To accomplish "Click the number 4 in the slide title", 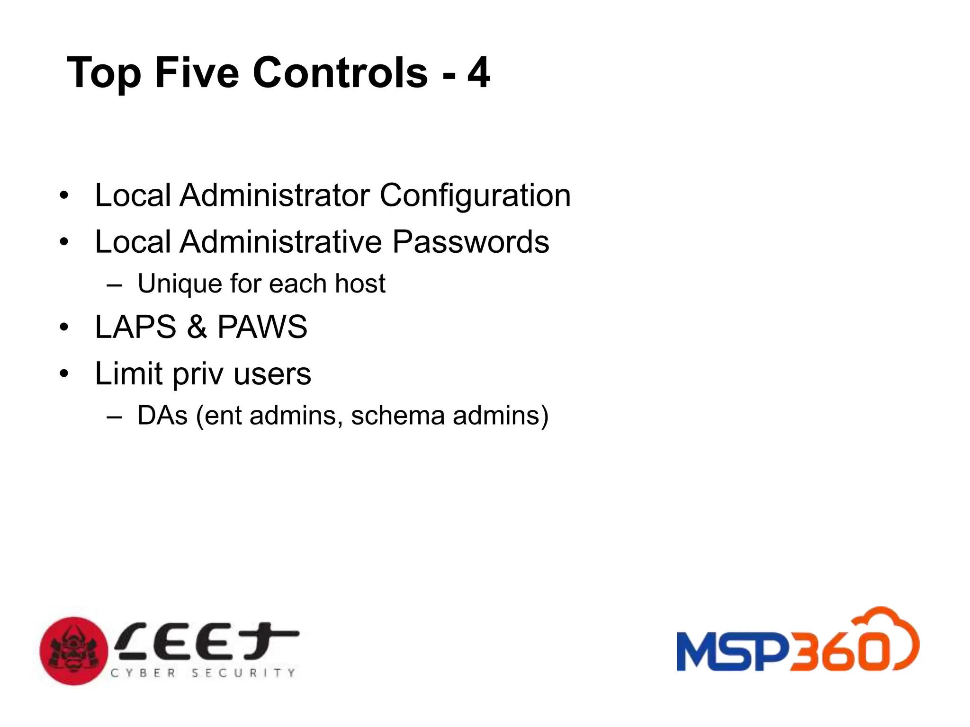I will pyautogui.click(x=478, y=73).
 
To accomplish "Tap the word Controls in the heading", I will pyautogui.click(x=340, y=73).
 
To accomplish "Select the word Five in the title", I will pyautogui.click(x=197, y=73).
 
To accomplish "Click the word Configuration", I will pyautogui.click(x=475, y=196).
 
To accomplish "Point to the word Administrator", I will pyautogui.click(x=275, y=195).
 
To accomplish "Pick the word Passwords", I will pyautogui.click(x=471, y=242).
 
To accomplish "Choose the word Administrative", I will pyautogui.click(x=281, y=242).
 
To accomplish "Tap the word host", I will pyautogui.click(x=360, y=284).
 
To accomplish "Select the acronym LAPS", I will pyautogui.click(x=135, y=327).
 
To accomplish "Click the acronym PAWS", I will pyautogui.click(x=262, y=327).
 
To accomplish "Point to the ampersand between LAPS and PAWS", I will pyautogui.click(x=197, y=327).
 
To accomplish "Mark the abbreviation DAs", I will pyautogui.click(x=162, y=416).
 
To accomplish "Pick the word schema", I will pyautogui.click(x=397, y=416).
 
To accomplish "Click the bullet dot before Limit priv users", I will pyautogui.click(x=64, y=374).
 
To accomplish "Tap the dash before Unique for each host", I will pyautogui.click(x=115, y=285).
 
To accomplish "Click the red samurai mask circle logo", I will pyautogui.click(x=74, y=651).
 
